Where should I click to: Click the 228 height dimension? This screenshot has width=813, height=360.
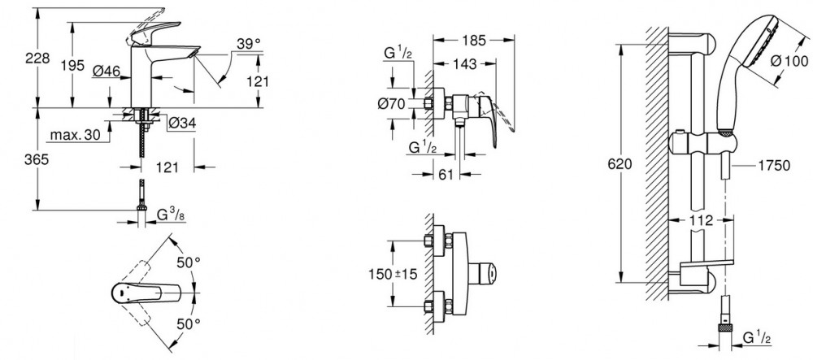[x=37, y=58]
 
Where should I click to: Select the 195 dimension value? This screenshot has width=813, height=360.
[x=72, y=65]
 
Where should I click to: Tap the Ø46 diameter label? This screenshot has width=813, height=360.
[x=107, y=70]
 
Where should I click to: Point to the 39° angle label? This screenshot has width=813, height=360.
[x=249, y=44]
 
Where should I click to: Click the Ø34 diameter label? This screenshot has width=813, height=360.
[x=181, y=124]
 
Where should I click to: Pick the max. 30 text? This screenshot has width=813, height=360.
[x=75, y=136]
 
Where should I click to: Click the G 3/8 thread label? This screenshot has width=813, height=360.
[x=171, y=214]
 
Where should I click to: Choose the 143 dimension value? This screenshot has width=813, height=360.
[x=464, y=64]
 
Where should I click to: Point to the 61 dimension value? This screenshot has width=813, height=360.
[x=446, y=174]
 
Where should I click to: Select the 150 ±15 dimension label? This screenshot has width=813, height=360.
[x=393, y=273]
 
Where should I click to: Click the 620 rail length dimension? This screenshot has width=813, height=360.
[x=620, y=164]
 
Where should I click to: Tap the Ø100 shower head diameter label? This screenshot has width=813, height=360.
[x=789, y=61]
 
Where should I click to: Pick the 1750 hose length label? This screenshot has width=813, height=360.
[x=774, y=166]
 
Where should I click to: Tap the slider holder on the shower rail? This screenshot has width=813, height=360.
[x=702, y=142]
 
